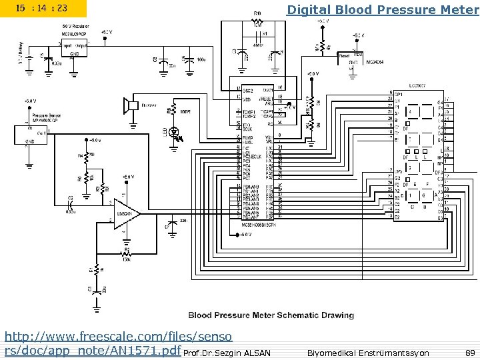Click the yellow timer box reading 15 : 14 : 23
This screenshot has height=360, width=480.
(43, 9)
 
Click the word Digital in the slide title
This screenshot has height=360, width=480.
(307, 9)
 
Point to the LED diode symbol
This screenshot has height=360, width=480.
(176, 133)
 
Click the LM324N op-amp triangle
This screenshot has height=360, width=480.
(125, 215)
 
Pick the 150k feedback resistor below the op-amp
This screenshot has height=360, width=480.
(125, 254)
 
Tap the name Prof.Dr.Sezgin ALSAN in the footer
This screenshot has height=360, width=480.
(227, 353)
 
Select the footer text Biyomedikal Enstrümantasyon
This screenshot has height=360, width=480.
(368, 352)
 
